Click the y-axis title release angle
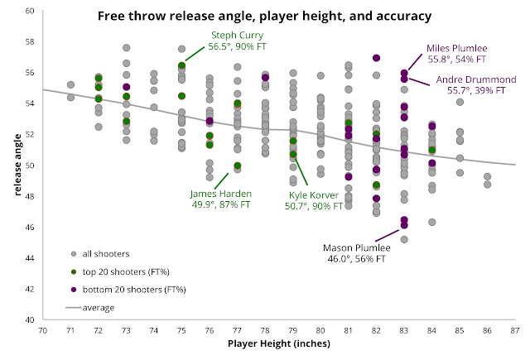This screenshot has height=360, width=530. point(16,165)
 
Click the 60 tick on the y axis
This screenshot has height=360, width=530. point(29,11)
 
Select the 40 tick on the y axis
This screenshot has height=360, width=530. point(29,319)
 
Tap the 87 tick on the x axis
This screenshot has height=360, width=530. point(515,330)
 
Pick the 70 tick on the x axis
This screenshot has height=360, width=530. point(42,330)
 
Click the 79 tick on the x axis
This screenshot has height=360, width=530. point(293,330)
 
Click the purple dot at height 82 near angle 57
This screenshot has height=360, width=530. point(377,58)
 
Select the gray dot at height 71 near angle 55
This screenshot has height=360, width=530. point(70,84)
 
